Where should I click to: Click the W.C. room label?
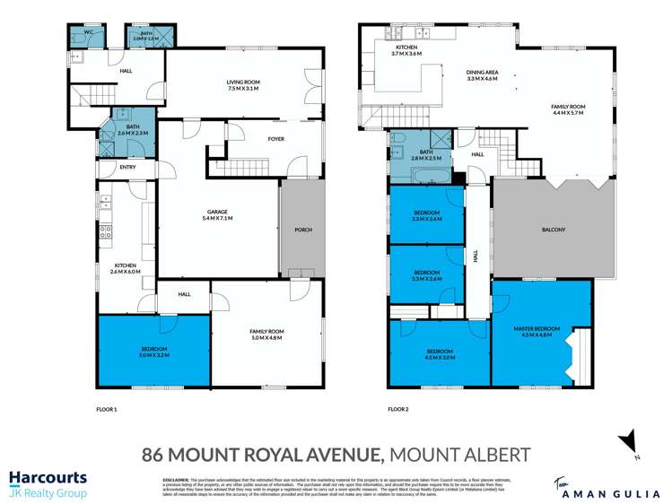click(x=89, y=35)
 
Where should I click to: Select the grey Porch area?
click(x=302, y=230)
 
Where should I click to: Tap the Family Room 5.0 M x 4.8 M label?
click(x=266, y=335)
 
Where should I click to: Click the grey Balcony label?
click(x=554, y=230)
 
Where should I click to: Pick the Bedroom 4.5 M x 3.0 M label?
click(x=439, y=353)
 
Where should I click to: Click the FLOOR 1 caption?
click(x=107, y=409)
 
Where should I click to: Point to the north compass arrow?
click(x=630, y=442)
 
